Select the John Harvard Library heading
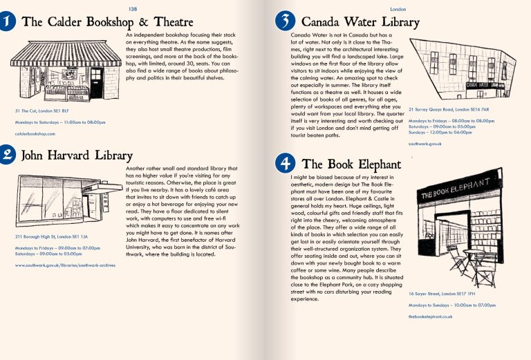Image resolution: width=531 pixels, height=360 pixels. click(77, 155)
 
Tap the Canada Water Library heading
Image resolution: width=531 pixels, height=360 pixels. click(360, 22)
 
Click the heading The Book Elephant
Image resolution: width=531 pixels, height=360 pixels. click(351, 164)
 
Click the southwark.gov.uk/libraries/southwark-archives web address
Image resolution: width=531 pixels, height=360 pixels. click(65, 265)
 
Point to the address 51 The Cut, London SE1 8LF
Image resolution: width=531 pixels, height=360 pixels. click(41, 111)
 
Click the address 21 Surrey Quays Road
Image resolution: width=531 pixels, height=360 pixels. click(449, 109)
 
